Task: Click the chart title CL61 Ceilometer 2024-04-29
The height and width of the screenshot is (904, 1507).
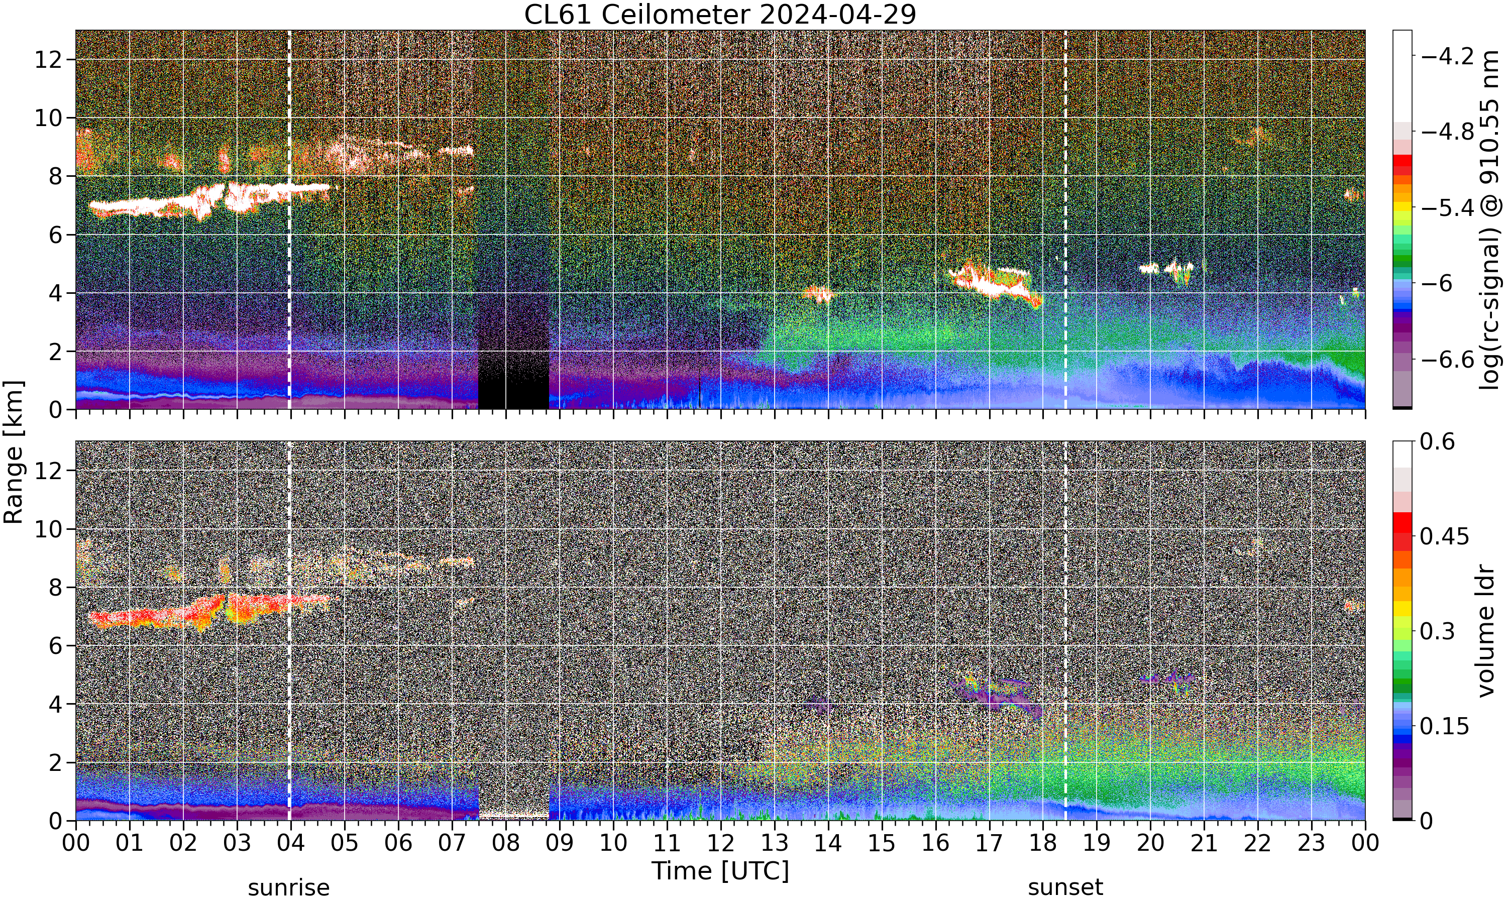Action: [720, 15]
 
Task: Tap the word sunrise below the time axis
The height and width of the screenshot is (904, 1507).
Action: [289, 887]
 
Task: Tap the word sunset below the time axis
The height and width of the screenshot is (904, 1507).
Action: [1065, 887]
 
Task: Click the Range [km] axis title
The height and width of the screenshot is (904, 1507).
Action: [14, 452]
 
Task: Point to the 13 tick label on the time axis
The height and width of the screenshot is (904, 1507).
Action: [774, 843]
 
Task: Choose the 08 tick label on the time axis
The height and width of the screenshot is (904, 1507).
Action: [505, 843]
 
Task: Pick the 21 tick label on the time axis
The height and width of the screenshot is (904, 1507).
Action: [1204, 843]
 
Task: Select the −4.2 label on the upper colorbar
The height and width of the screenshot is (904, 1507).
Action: [1447, 56]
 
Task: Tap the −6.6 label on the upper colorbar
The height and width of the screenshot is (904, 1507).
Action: [1447, 360]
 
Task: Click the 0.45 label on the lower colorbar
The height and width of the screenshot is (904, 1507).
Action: [1444, 536]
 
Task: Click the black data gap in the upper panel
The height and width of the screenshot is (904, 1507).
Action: [513, 380]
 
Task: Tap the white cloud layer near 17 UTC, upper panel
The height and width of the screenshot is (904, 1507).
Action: [993, 283]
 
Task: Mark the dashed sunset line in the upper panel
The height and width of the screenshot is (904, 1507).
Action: [1065, 220]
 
